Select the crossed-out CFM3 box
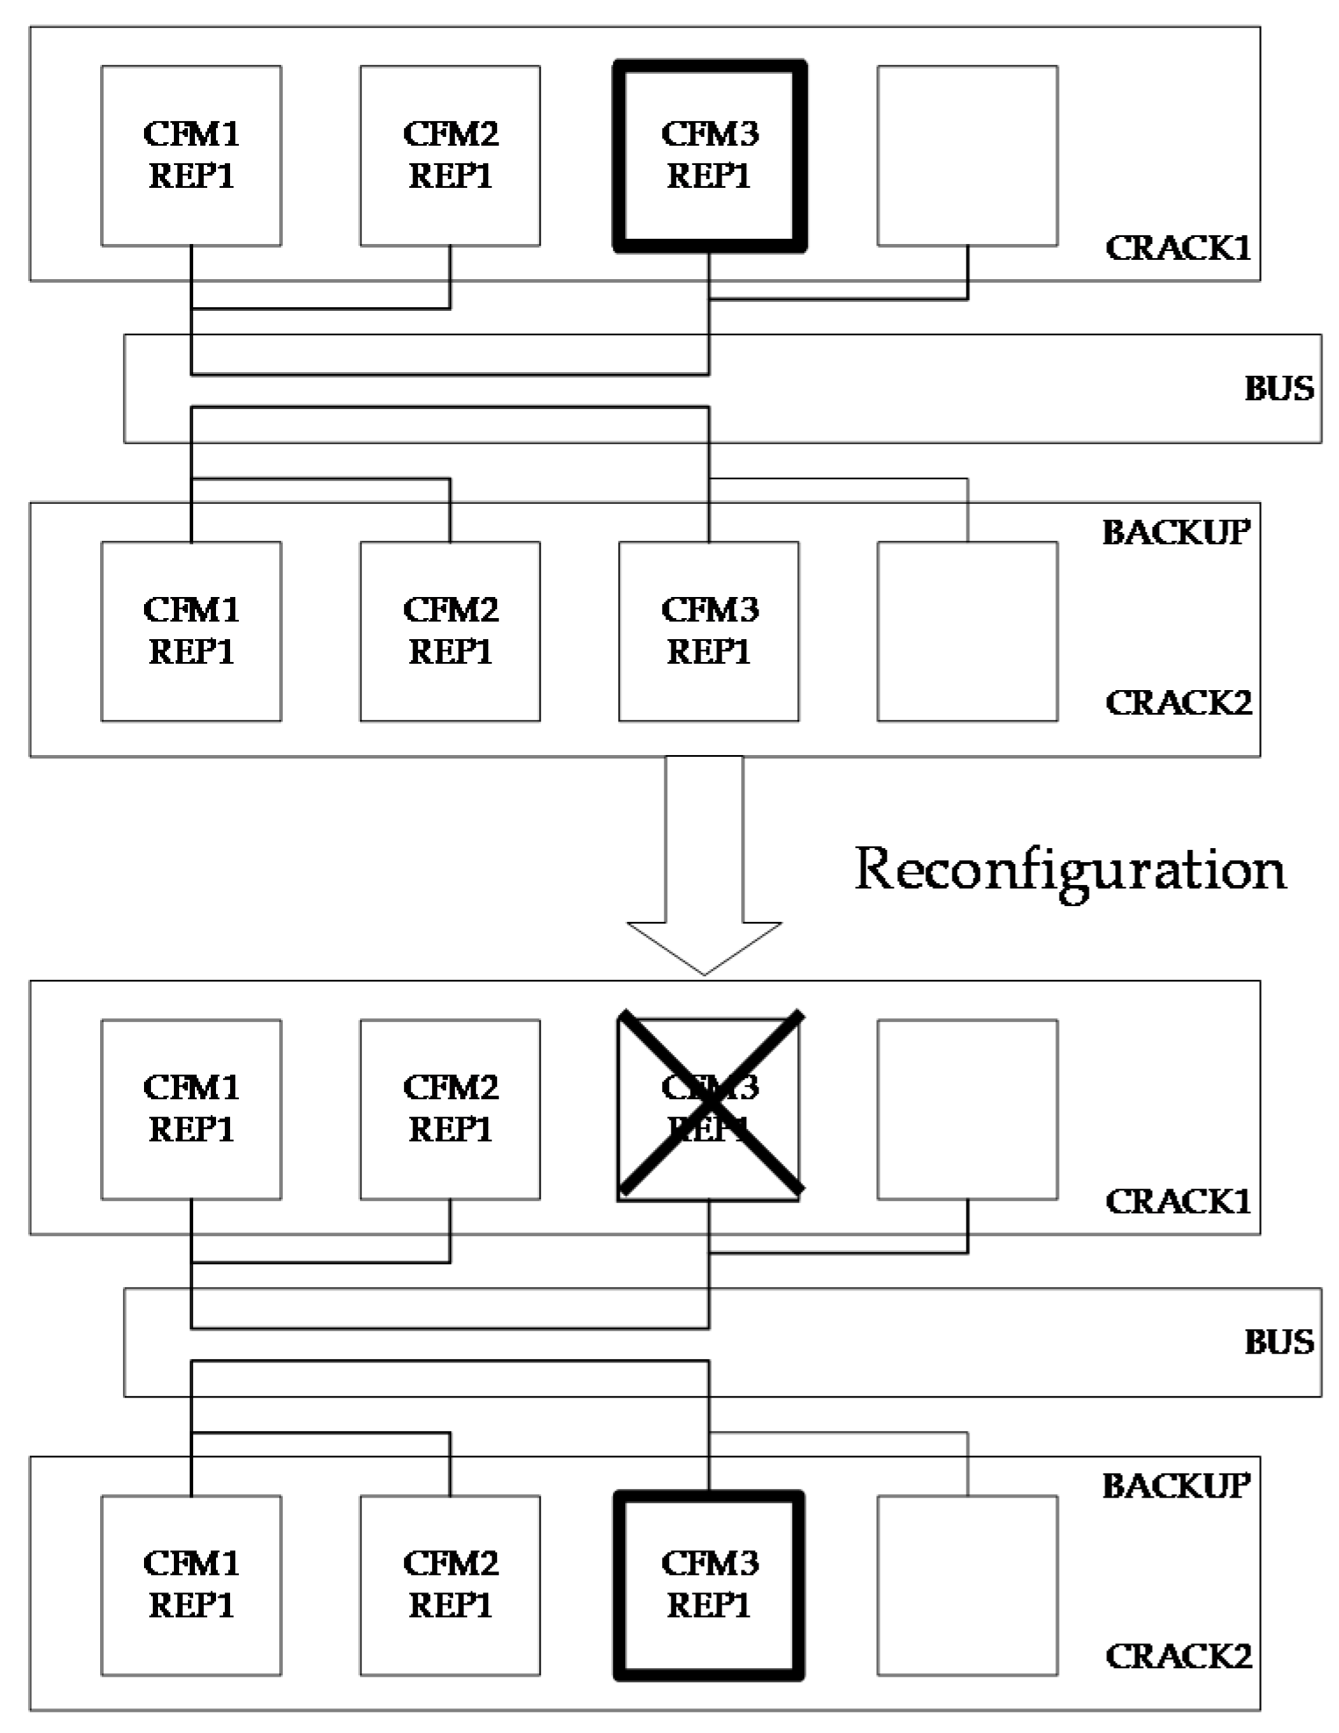click(709, 1109)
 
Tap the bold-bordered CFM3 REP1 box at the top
click(709, 156)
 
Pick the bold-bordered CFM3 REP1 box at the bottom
click(709, 1585)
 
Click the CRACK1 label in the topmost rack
click(1177, 248)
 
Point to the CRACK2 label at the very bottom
click(1177, 1656)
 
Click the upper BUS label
click(1278, 388)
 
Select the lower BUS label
click(1278, 1341)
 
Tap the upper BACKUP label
click(1176, 532)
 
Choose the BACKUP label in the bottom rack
click(1176, 1485)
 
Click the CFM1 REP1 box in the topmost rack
click(191, 156)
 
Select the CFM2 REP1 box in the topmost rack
click(450, 156)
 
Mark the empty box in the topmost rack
click(968, 156)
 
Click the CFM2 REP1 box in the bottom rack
click(450, 1585)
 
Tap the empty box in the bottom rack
click(968, 1585)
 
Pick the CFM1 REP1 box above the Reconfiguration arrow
click(191, 631)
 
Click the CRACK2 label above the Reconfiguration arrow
click(1177, 702)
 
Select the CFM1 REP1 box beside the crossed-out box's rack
click(191, 1109)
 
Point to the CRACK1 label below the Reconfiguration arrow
click(1177, 1201)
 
